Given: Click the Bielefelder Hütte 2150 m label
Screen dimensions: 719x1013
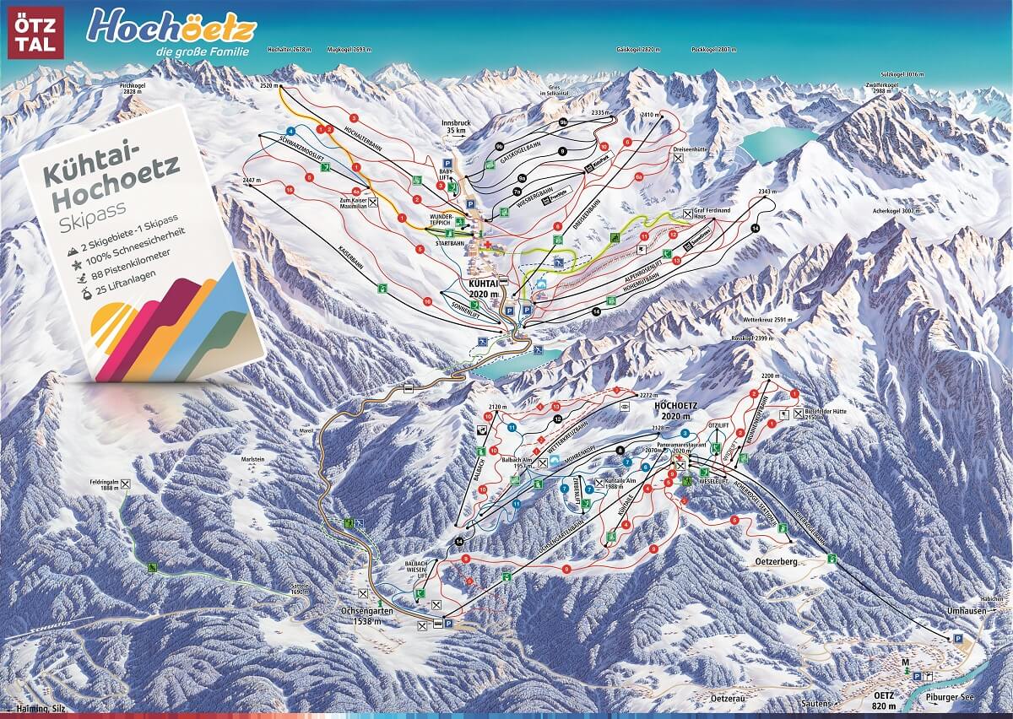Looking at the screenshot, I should (828, 414).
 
